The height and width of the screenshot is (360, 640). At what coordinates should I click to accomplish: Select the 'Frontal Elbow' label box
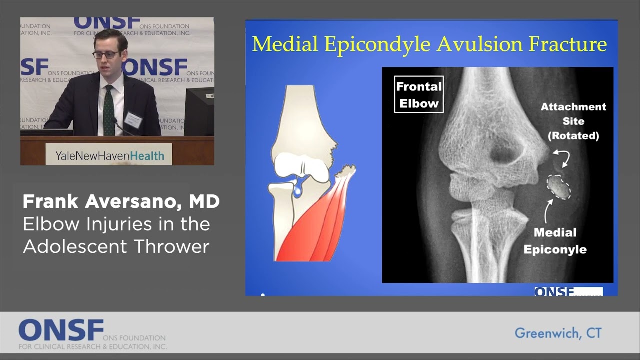point(418,94)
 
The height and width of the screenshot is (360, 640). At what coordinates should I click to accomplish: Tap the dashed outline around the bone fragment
point(558,187)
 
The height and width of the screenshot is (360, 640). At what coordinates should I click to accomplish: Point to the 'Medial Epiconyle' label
point(555,241)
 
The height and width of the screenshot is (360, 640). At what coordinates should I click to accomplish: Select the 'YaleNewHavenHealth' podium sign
point(109,155)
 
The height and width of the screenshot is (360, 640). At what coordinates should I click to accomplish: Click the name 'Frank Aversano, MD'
point(121,201)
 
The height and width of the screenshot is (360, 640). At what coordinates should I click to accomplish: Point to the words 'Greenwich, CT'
point(558,333)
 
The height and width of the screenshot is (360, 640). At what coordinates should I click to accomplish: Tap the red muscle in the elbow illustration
point(310,220)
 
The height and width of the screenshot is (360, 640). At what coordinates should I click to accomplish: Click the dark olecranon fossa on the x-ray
point(505,153)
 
